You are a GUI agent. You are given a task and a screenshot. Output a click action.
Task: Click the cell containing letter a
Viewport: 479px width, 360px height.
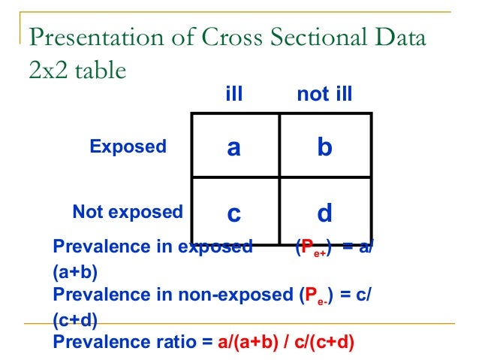(x=235, y=146)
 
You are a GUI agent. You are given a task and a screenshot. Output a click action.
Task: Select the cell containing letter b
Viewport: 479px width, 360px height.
(x=324, y=146)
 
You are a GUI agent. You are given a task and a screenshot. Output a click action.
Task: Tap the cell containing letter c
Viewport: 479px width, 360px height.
(x=235, y=212)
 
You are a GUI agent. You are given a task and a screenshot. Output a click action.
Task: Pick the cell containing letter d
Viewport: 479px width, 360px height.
(x=324, y=212)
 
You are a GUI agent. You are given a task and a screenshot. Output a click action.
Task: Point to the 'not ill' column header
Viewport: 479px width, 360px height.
(x=324, y=95)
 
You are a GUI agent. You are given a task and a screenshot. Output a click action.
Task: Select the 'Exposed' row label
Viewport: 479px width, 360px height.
(x=128, y=147)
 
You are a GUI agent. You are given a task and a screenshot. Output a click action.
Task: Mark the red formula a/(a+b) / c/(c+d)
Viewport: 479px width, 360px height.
(x=286, y=343)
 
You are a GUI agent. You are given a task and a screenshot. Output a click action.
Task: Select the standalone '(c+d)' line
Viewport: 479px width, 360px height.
(x=75, y=320)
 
